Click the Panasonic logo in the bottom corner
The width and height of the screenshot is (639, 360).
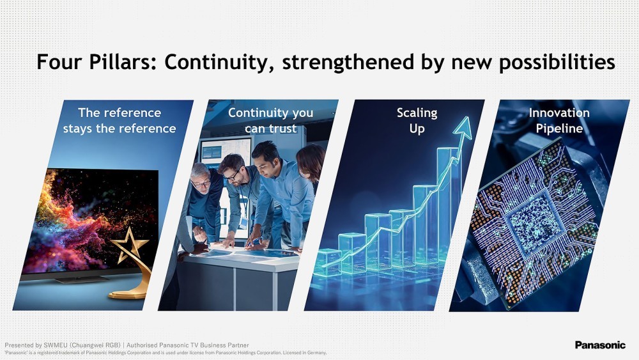point(600,345)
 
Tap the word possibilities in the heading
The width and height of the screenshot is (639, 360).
point(557,63)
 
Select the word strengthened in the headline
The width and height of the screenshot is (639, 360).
point(348,63)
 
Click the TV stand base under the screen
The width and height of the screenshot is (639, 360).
point(82,279)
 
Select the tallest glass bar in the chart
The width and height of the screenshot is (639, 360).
point(449,204)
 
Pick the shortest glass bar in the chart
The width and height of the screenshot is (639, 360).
point(328,262)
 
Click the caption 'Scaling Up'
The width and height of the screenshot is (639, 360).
point(417,121)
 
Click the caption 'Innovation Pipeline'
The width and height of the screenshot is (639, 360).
point(559,121)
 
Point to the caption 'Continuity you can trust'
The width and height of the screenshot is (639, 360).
point(270,121)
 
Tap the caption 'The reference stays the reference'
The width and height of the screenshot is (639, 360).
point(119,121)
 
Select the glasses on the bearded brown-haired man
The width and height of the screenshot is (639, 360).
point(233,176)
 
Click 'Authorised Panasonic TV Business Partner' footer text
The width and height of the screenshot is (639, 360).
point(188,345)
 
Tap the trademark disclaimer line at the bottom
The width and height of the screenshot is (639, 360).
point(166,353)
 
